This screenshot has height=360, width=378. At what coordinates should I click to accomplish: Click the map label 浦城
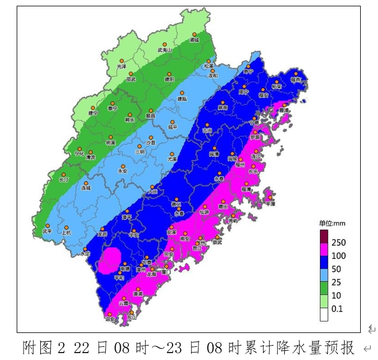tap(194, 41)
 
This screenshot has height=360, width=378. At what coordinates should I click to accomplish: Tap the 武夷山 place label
tap(165, 50)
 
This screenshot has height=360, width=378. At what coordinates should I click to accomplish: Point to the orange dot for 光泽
tap(121, 60)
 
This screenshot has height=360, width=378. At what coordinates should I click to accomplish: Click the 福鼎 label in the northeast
tap(296, 80)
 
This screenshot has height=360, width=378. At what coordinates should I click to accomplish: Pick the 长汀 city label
tap(64, 179)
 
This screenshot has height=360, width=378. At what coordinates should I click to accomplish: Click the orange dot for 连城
tap(86, 183)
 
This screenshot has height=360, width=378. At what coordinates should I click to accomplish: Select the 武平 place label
tap(47, 232)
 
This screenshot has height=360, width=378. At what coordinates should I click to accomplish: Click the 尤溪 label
tap(172, 158)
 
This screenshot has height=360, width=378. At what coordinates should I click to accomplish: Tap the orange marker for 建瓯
tap(182, 92)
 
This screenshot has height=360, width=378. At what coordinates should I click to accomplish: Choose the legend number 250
tap(339, 243)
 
